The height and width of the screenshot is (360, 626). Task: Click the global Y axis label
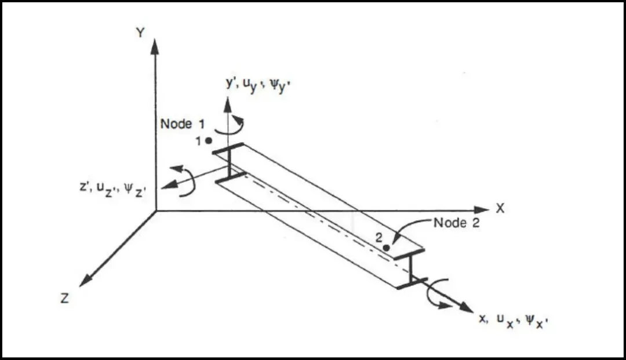click(140, 32)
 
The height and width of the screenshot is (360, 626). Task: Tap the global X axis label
click(500, 208)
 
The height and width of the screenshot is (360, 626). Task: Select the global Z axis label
click(65, 298)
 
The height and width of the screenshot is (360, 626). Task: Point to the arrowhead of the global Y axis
click(155, 46)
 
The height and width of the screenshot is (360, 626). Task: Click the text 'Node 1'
click(183, 124)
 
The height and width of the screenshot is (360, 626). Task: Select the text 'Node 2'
click(456, 223)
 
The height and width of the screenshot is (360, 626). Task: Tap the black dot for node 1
click(209, 140)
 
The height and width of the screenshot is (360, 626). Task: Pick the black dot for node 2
click(386, 248)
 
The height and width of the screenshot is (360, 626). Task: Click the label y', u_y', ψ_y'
click(258, 86)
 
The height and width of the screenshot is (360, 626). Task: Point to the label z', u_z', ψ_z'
click(113, 189)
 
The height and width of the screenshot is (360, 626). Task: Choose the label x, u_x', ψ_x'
click(513, 321)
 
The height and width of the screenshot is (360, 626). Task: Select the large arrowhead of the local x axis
click(465, 307)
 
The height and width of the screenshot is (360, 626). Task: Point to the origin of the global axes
click(156, 210)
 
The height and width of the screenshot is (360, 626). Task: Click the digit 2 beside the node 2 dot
click(379, 238)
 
